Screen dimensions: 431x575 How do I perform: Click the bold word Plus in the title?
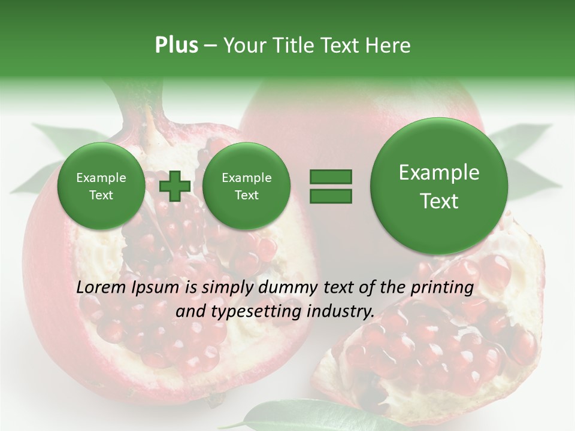coord(176,45)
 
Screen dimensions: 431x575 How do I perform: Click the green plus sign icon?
coord(174,186)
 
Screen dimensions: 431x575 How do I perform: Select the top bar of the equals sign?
coord(331,177)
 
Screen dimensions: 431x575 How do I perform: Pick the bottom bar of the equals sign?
coord(331,196)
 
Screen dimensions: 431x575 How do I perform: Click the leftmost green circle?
coord(101,186)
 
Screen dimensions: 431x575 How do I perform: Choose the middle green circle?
coord(246,186)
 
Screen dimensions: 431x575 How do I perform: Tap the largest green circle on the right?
coord(439,186)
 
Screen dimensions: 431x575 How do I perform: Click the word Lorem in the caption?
coord(102,287)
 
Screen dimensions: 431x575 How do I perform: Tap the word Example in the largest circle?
coord(439,172)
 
